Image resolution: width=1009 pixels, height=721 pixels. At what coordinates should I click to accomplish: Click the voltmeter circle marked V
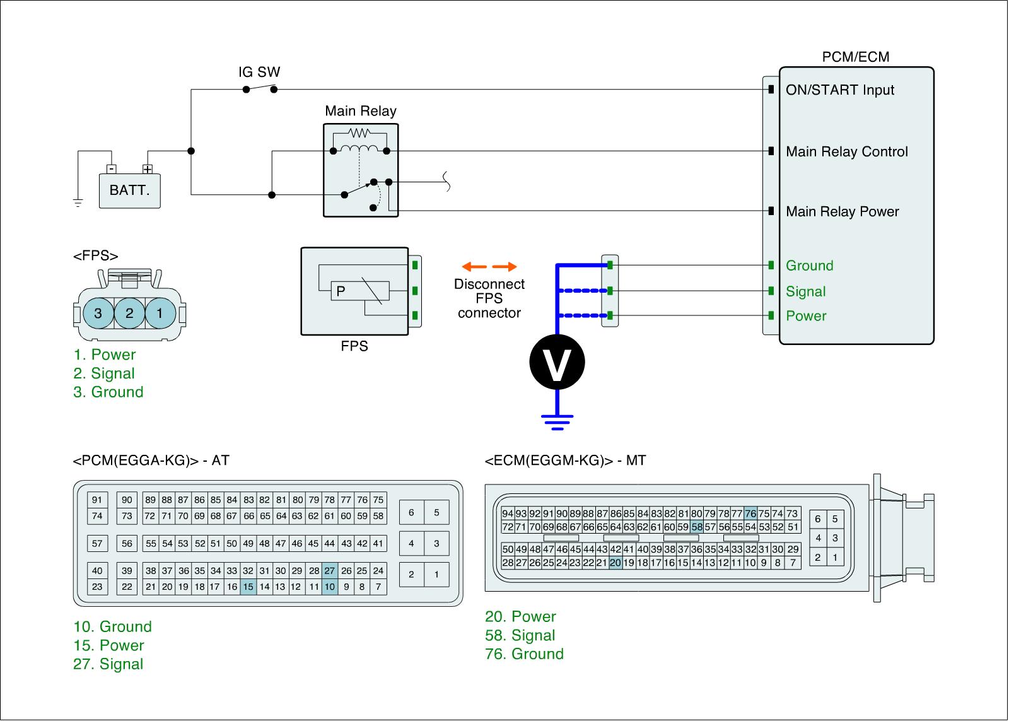coord(557,362)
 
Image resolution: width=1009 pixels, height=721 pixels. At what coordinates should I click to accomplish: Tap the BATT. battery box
coord(130,191)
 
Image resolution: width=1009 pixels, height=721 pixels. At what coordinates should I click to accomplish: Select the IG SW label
coord(259,72)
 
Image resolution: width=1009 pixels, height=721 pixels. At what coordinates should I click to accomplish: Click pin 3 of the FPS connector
coord(98,313)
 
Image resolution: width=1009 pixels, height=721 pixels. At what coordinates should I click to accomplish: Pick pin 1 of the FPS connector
coord(160,313)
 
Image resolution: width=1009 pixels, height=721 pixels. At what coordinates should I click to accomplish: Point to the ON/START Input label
coord(839,90)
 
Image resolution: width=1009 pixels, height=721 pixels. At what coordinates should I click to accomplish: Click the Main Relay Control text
coord(846,152)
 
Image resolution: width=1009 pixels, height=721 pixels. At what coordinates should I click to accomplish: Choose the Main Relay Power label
coord(842,212)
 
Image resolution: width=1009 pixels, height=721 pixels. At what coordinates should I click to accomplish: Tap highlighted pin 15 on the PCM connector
coord(248,587)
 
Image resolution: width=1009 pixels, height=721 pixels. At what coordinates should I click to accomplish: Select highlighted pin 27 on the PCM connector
coord(330,571)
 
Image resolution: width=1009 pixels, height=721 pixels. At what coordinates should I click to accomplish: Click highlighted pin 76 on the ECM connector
coord(750,513)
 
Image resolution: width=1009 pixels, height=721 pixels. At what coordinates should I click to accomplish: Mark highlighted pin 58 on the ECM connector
coord(696,527)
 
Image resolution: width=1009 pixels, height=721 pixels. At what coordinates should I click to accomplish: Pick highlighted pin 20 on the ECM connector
coord(615,563)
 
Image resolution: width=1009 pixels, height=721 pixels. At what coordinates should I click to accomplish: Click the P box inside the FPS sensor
coord(341,291)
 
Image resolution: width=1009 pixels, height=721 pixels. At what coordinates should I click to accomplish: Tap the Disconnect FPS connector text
coord(489,298)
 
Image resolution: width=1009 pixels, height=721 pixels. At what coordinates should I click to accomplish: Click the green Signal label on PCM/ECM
coord(805,291)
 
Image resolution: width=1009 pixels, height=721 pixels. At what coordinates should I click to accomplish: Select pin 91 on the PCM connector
coord(97,500)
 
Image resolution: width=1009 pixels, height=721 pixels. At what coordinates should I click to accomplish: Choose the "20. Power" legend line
coord(520,617)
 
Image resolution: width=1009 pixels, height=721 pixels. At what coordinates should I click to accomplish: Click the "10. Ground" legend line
coord(113,627)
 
